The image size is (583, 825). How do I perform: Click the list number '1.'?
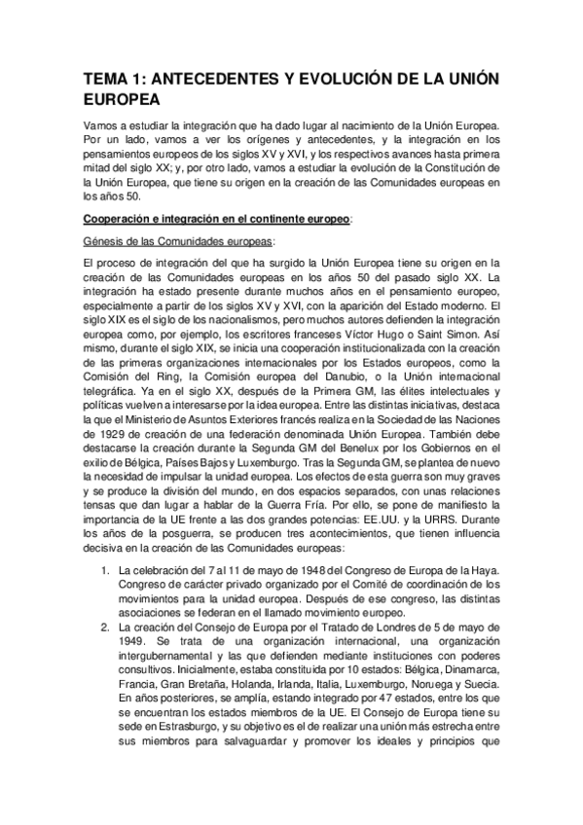[107, 569]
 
